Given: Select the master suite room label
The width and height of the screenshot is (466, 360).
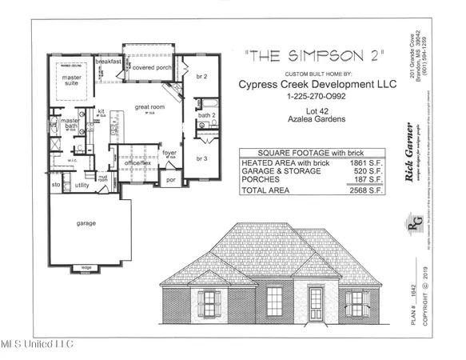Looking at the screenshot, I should [x=71, y=80].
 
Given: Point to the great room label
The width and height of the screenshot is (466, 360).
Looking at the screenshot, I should [x=149, y=106].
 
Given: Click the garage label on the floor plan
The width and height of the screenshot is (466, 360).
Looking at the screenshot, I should [x=86, y=223].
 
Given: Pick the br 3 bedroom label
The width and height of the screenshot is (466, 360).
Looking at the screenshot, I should [x=203, y=159].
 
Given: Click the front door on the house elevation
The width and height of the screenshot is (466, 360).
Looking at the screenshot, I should [x=316, y=304].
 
